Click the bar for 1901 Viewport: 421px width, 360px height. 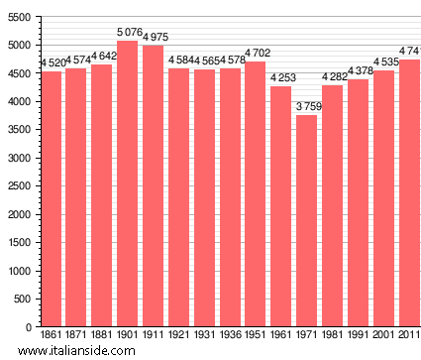[x=128, y=183]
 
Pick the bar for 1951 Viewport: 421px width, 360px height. [x=256, y=193]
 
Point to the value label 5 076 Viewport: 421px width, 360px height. [x=128, y=33]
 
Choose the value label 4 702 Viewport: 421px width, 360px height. [x=256, y=54]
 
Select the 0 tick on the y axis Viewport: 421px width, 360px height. [x=29, y=326]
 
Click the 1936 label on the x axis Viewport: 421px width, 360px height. [x=230, y=336]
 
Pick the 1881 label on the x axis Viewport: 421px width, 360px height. [x=102, y=336]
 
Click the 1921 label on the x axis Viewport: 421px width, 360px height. [x=179, y=336]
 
